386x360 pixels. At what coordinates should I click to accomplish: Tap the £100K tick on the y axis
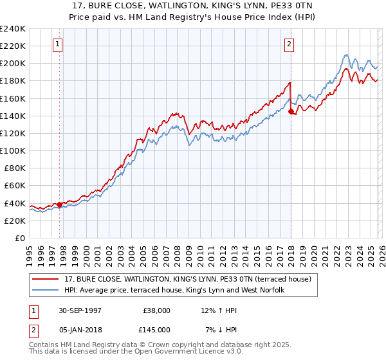(13, 150)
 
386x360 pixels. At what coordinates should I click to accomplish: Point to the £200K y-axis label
(13, 63)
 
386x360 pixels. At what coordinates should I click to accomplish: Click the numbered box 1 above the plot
(58, 44)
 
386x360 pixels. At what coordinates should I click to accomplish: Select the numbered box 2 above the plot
(289, 44)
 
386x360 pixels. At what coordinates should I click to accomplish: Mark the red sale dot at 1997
(60, 204)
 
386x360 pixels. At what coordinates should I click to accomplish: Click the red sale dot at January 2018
(291, 111)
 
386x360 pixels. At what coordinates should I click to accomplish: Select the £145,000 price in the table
(156, 330)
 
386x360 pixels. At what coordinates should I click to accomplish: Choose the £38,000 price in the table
(156, 310)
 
